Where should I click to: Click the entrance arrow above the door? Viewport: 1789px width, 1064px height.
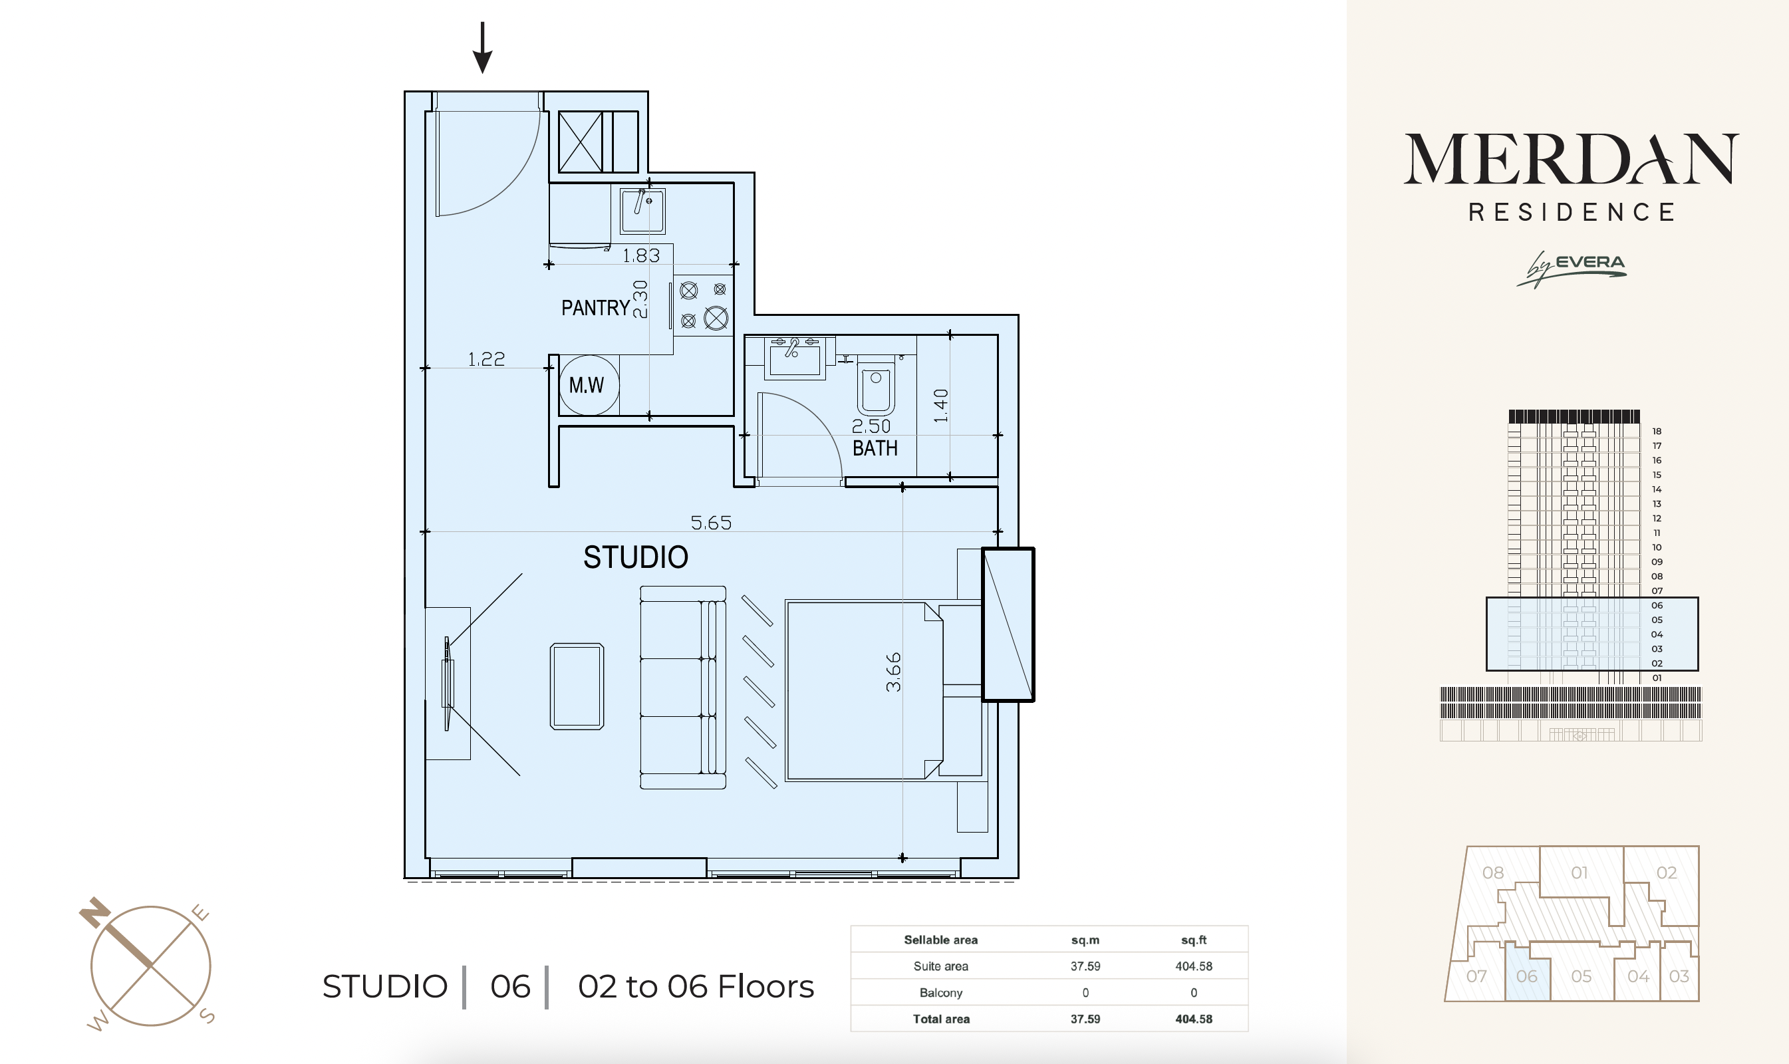coord(483,47)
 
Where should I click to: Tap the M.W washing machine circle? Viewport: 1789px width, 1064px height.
coord(589,386)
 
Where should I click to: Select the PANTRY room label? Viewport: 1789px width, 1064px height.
coord(595,309)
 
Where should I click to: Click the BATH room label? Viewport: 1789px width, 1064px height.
coord(875,448)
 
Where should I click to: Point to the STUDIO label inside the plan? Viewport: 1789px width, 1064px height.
coord(635,557)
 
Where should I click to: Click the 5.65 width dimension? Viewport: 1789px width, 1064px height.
coord(710,523)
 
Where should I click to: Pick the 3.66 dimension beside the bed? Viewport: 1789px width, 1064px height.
coord(893,672)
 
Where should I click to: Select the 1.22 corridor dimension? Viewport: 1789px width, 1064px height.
coord(486,358)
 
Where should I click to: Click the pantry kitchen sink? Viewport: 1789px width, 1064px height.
coord(642,211)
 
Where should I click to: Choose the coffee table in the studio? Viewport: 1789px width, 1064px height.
coord(577,686)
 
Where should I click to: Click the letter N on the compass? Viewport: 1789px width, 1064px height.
coord(94,911)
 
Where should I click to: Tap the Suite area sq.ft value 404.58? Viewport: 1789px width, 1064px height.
coord(1193,966)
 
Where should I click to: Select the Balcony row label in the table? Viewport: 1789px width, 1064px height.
coord(941,992)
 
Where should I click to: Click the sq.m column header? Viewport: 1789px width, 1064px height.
coord(1085,940)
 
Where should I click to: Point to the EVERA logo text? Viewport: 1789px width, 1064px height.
coord(1589,263)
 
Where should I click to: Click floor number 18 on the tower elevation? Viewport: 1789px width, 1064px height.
coord(1657,431)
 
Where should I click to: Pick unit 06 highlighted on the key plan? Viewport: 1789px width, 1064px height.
coord(1526,976)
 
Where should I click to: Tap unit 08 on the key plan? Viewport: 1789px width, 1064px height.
coord(1493,872)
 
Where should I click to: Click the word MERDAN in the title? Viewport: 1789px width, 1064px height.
coord(1571,158)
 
